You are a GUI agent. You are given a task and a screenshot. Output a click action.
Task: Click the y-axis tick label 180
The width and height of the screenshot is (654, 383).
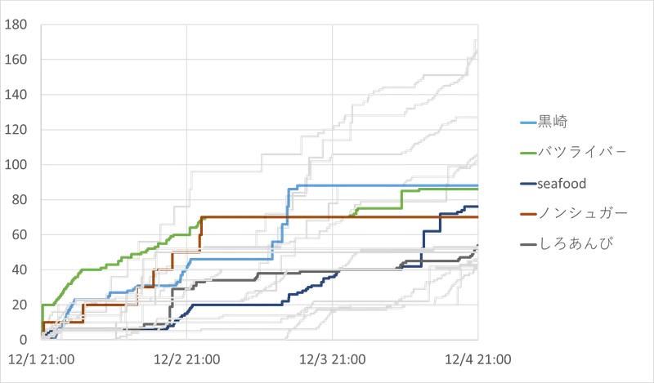[x=16, y=24]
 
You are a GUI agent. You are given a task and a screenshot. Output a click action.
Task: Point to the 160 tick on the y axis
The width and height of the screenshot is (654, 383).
[x=16, y=60]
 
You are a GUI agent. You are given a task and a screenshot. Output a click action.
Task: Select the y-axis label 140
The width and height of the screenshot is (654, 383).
[x=16, y=95]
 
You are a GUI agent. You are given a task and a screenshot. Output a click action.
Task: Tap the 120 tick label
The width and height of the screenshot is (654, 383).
[x=16, y=130]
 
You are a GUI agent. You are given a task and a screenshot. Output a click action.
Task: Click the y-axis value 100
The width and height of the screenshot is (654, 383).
[x=16, y=165]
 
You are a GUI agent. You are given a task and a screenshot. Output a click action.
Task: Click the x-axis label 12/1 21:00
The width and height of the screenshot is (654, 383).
[x=42, y=359]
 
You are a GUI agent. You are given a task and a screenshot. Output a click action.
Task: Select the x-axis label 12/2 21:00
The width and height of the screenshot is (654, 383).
[x=187, y=359]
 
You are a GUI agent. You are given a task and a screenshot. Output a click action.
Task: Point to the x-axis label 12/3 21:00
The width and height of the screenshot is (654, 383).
[x=333, y=359]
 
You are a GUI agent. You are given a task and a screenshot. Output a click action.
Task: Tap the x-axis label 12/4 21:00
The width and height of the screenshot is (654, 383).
[x=478, y=359]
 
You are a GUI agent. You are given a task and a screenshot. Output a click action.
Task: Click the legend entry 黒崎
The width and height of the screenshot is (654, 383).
[x=553, y=122]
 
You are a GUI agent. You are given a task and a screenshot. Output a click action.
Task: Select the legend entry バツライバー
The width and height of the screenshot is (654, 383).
[x=582, y=152]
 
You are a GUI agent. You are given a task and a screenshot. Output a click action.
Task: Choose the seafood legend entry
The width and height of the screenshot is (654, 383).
[x=562, y=184]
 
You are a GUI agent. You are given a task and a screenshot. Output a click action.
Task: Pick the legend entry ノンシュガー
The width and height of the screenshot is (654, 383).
[x=583, y=213]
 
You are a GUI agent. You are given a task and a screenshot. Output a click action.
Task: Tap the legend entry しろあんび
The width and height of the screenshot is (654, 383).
[x=576, y=244]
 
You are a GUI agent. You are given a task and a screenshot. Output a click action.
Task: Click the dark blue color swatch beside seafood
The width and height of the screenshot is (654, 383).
[x=528, y=184]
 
